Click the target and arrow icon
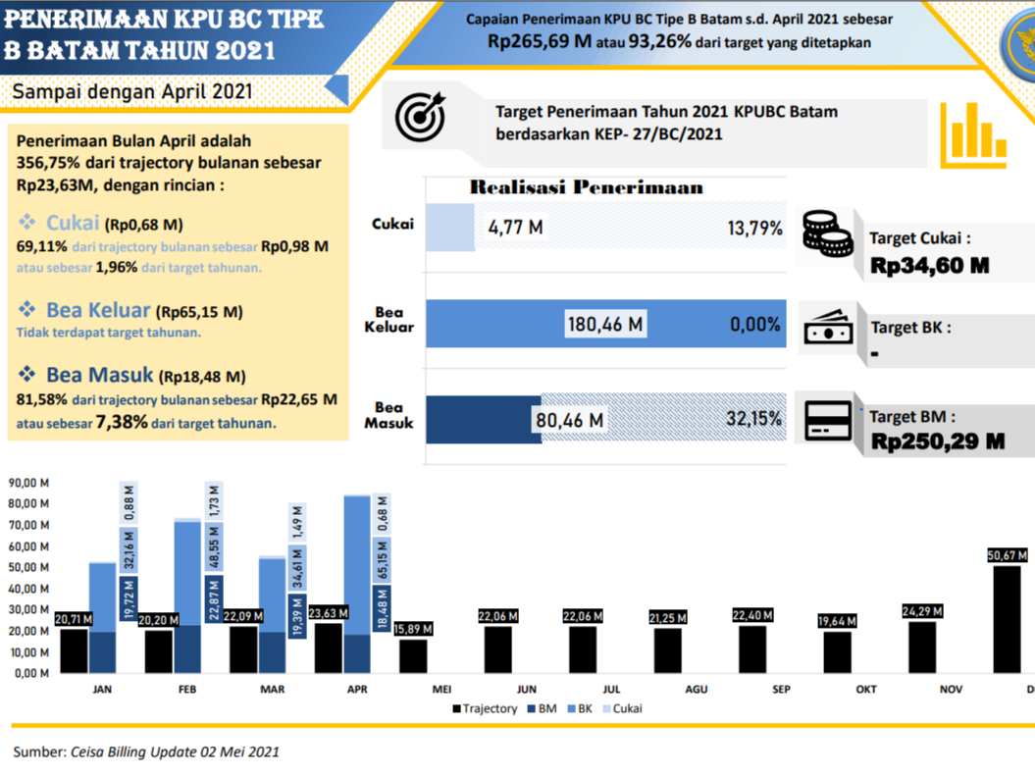tap(420, 115)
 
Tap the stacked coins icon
tap(827, 233)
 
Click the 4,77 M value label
tap(516, 229)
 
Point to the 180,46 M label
tap(605, 324)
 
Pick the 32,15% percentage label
tap(753, 419)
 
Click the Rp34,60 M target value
tap(929, 265)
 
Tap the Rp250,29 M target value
tap(937, 441)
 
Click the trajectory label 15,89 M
tap(413, 629)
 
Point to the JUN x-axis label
tap(527, 690)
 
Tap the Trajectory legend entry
tap(485, 708)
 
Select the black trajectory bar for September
tap(753, 648)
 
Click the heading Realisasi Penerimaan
tap(586, 187)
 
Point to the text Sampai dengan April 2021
tap(132, 91)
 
